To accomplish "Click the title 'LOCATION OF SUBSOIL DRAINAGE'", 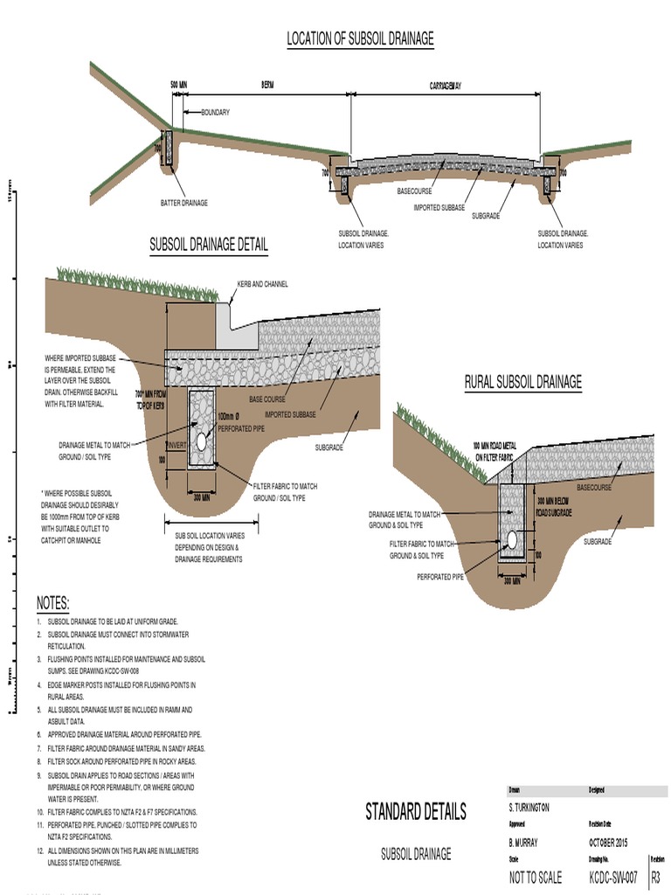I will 360,38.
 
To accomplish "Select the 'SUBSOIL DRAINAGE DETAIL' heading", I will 209,244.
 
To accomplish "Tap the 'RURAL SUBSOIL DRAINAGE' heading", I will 522,382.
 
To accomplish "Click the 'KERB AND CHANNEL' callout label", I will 262,284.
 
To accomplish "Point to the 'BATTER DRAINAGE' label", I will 183,203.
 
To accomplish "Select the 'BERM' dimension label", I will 267,86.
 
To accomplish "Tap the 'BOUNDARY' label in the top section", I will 215,113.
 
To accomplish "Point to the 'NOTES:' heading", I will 52,604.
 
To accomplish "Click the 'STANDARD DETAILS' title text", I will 415,811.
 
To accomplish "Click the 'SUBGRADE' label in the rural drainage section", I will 598,542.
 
